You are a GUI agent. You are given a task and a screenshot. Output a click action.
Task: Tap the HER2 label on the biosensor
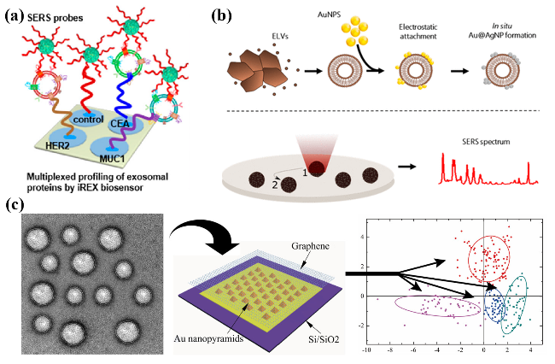coord(61,147)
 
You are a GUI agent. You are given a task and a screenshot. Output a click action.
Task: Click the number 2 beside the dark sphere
coord(274,182)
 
